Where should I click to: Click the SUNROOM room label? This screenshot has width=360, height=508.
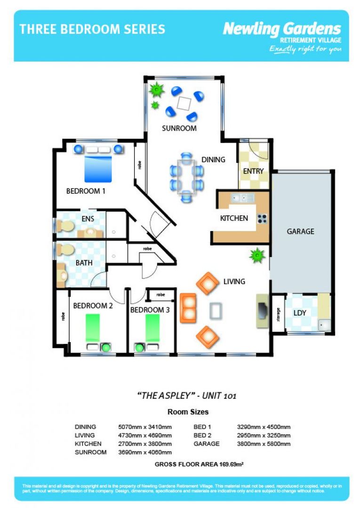(179, 128)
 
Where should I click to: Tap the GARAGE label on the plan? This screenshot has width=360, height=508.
(300, 231)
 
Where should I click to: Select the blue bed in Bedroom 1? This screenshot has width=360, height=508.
(98, 169)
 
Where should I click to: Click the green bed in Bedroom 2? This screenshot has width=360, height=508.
(93, 327)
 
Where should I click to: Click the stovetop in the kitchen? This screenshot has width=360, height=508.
(262, 218)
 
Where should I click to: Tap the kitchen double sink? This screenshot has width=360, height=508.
(242, 198)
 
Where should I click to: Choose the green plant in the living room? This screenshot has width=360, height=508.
(257, 256)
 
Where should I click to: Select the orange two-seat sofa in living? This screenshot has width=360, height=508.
(188, 308)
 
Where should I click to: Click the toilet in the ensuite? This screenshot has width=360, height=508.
(66, 226)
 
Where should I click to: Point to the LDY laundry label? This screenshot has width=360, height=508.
(300, 313)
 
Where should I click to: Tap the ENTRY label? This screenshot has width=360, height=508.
(253, 171)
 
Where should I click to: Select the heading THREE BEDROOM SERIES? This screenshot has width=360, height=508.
(92, 29)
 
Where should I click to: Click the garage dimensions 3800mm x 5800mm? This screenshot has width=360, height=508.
(264, 444)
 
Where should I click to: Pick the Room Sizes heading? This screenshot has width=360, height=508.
(188, 412)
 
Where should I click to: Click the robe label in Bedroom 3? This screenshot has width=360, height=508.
(160, 295)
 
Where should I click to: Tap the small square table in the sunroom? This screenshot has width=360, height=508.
(184, 102)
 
